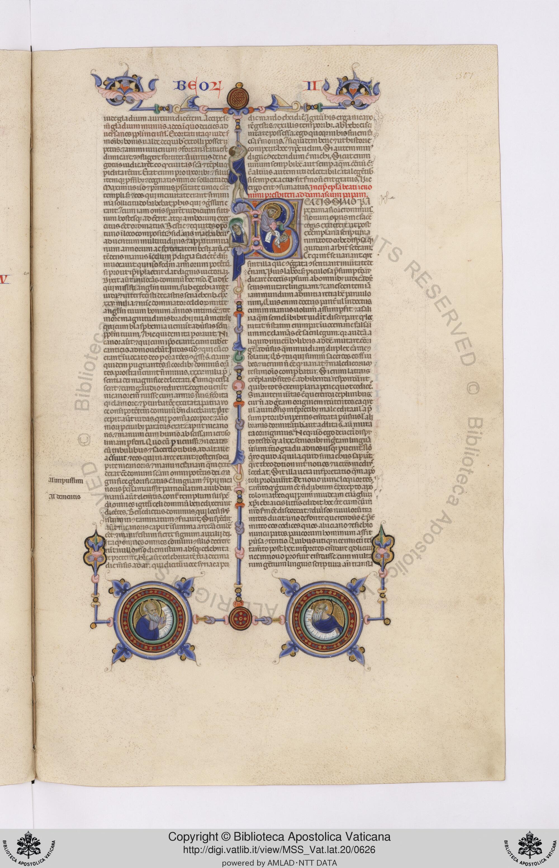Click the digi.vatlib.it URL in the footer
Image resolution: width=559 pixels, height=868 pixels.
[279, 840]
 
